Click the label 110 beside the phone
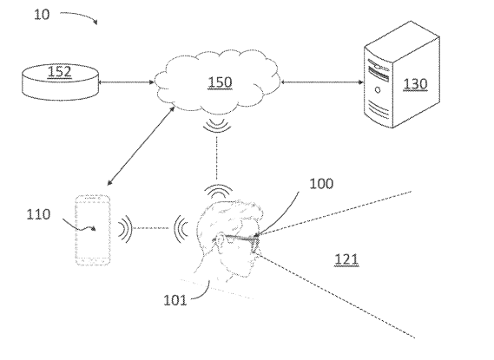coord(40,214)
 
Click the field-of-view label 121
coord(346,259)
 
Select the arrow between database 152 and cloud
coord(128,83)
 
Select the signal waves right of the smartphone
coord(126,230)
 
